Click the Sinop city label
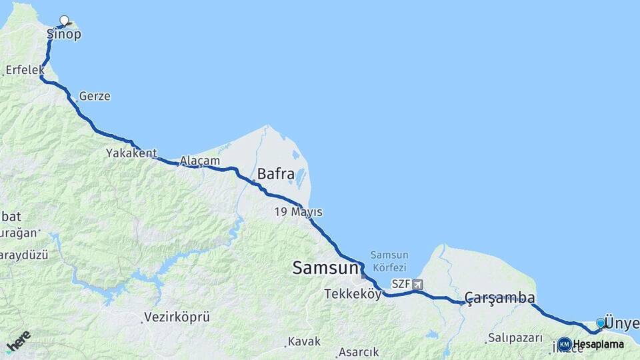coord(64,34)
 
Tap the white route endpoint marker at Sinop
coord(64,20)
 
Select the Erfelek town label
coord(25,69)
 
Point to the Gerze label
coord(94,97)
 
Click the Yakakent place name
coord(131,153)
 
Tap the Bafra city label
coord(275,175)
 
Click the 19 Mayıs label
coord(297,212)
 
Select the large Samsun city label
coord(325,268)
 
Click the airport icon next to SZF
coord(417,284)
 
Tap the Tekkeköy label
coord(353,294)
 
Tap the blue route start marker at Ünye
coord(600,323)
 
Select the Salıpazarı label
coord(515,338)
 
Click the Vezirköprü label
coord(177,317)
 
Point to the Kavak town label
coord(304,341)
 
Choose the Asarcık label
coord(359,351)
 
